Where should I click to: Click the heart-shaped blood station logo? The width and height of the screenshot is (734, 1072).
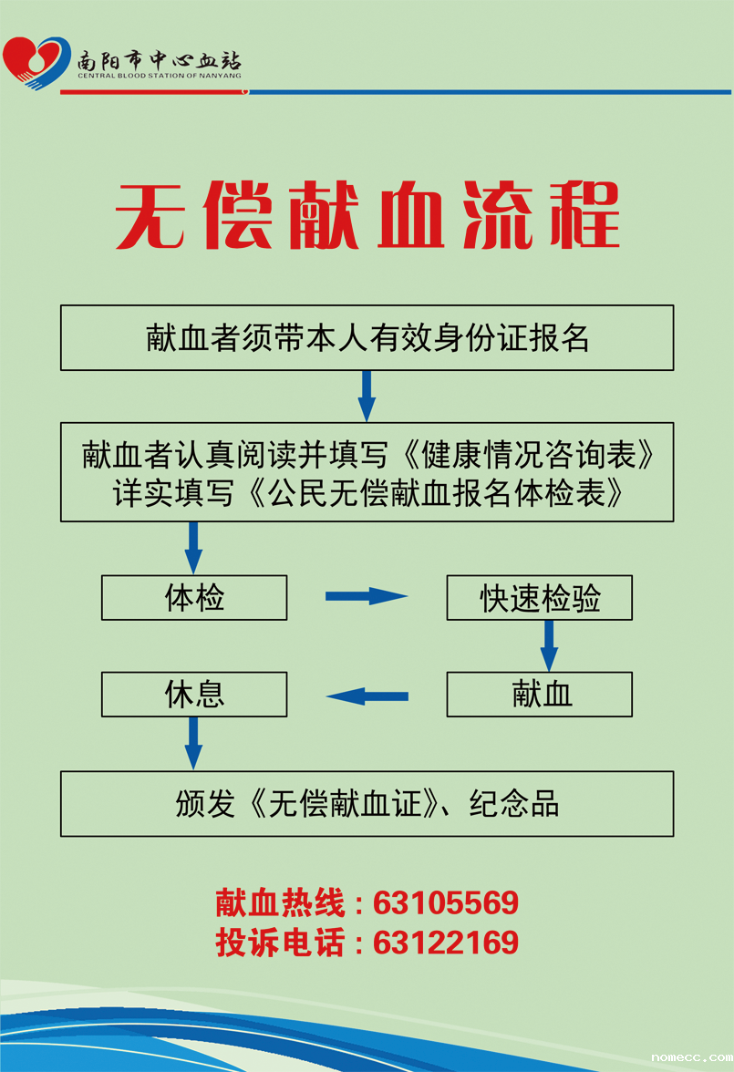pos(35,61)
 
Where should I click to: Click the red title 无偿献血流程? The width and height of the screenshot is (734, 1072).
pos(367,216)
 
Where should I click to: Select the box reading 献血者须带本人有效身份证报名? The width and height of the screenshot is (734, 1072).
pos(367,338)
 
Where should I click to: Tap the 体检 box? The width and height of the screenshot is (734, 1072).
pos(194,598)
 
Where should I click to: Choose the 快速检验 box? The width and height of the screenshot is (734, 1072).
pos(539,598)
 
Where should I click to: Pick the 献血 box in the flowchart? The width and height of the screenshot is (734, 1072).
pos(539,695)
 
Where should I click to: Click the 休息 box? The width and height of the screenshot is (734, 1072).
pos(194,695)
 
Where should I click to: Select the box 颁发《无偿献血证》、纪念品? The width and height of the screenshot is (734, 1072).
pos(367,804)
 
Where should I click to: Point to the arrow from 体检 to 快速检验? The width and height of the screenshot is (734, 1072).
pos(366,596)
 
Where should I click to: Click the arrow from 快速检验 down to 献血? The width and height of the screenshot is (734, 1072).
pos(549,645)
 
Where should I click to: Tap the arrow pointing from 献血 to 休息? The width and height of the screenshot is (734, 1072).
pos(367,696)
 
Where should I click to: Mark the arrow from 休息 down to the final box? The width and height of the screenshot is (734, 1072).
pos(193,742)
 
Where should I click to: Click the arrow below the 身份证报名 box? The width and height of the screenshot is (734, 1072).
pos(367,395)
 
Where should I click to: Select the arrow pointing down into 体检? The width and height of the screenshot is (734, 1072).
pos(193,547)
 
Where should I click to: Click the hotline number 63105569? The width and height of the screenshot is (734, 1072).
pos(446,903)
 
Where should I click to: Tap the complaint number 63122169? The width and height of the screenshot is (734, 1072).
pos(446,943)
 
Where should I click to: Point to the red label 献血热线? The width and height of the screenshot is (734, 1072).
pos(281,903)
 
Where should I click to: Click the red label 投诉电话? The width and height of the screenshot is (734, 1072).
pos(281,943)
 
